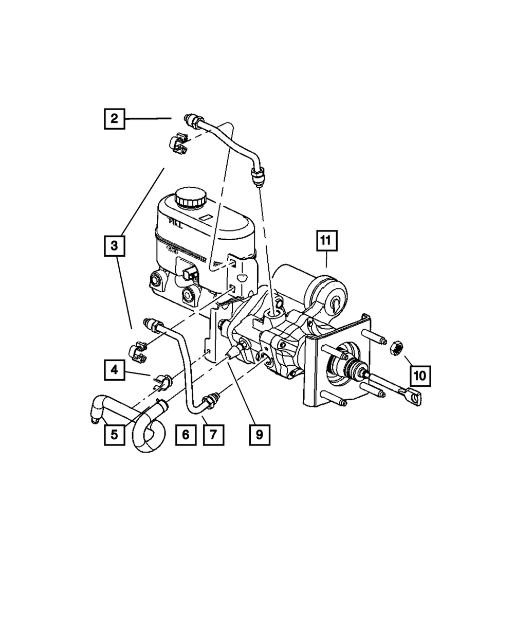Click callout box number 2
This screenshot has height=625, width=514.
pyautogui.click(x=114, y=119)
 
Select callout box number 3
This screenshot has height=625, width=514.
pyautogui.click(x=114, y=246)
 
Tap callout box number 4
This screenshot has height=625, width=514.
pyautogui.click(x=114, y=369)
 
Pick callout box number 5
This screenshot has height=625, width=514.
pyautogui.click(x=114, y=434)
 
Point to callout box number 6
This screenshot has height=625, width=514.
pyautogui.click(x=186, y=434)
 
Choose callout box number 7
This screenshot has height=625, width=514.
pyautogui.click(x=213, y=434)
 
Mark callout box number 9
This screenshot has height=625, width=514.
pyautogui.click(x=259, y=434)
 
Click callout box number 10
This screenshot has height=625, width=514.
pyautogui.click(x=420, y=376)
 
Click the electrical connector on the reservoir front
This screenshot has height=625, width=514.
pyautogui.click(x=191, y=273)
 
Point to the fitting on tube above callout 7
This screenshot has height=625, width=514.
pyautogui.click(x=211, y=401)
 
